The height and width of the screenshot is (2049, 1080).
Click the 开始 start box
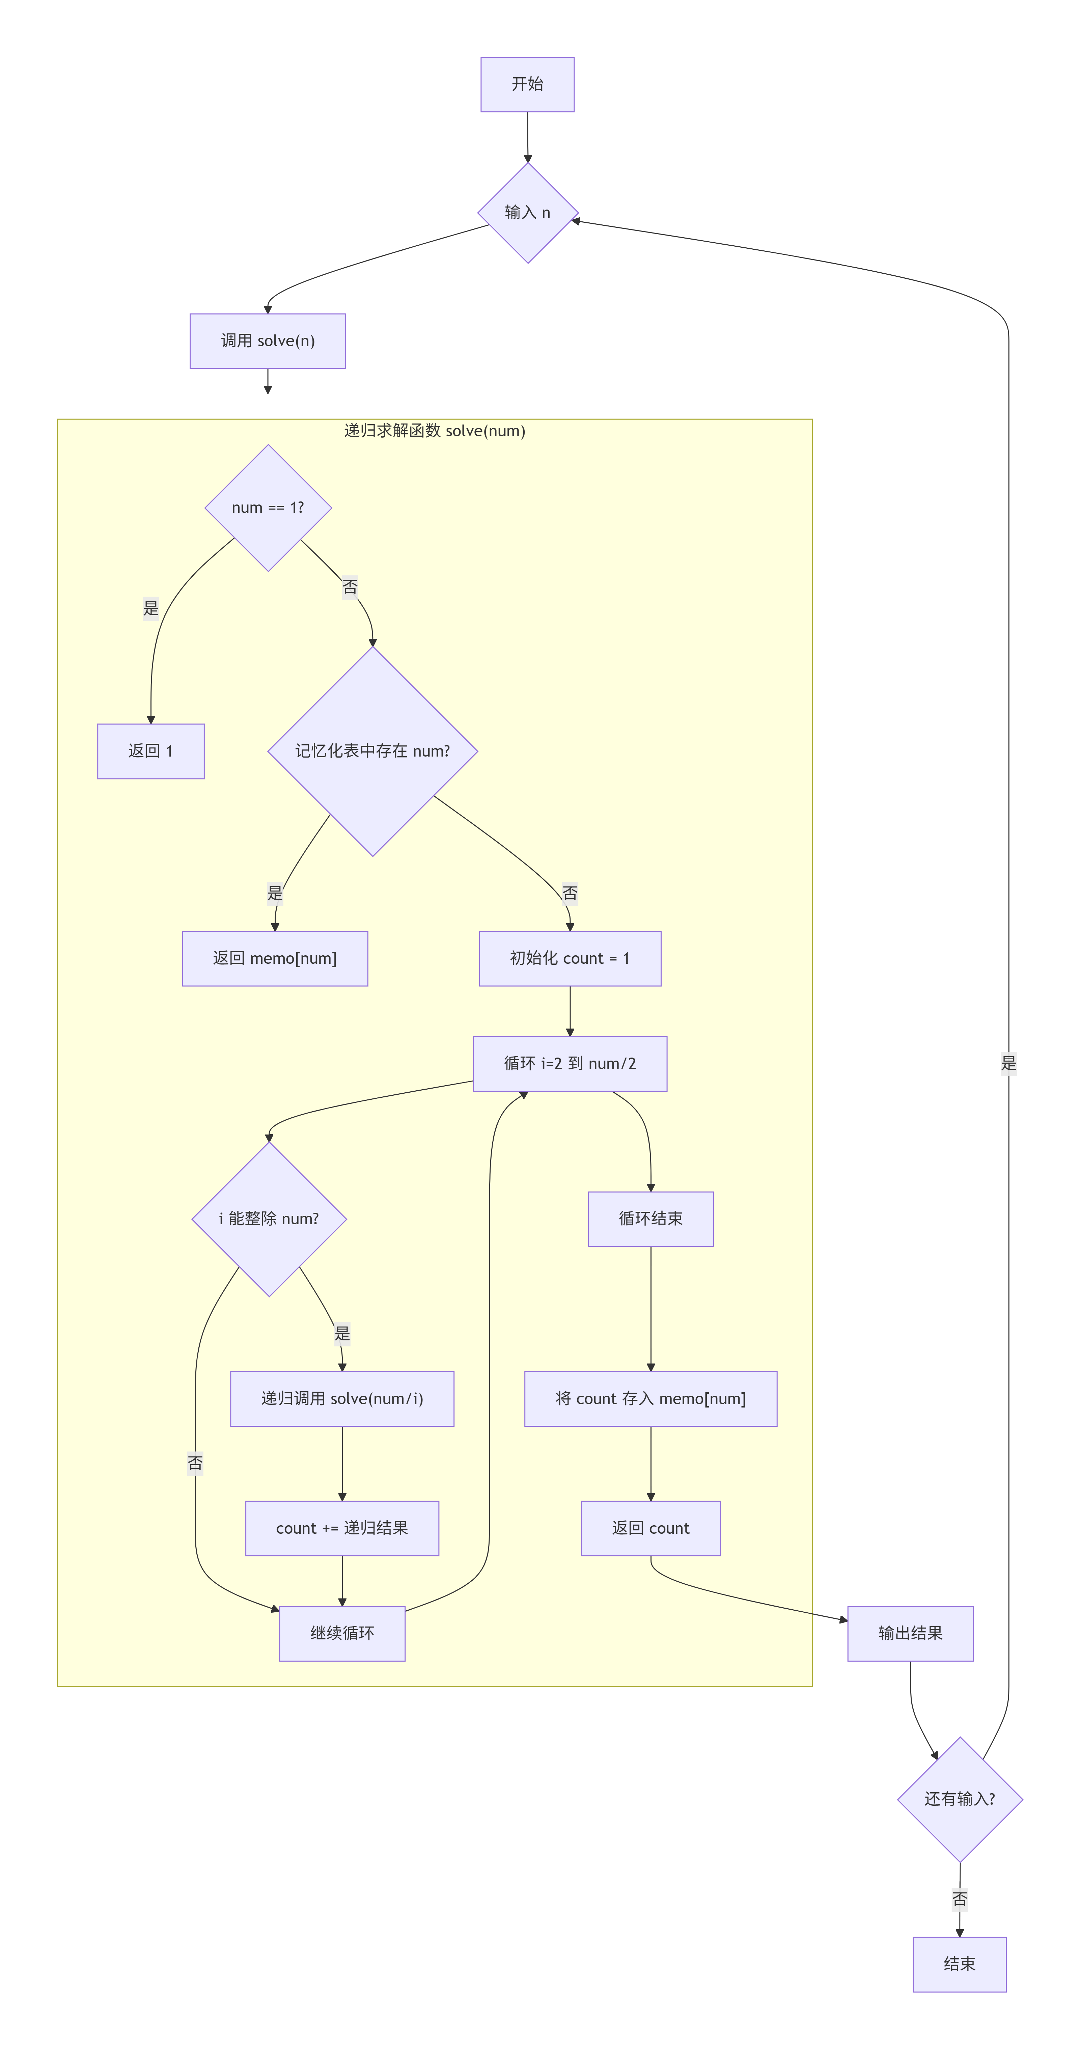(x=527, y=84)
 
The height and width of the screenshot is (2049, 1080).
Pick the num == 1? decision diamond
(x=268, y=508)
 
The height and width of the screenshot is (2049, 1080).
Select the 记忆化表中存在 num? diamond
(x=372, y=751)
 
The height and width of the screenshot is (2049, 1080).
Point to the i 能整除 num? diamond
(x=269, y=1219)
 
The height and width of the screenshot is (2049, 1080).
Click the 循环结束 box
(x=650, y=1219)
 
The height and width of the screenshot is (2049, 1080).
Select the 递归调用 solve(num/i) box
(x=342, y=1398)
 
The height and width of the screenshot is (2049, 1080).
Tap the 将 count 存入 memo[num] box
(x=650, y=1398)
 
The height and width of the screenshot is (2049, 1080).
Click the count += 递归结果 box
(x=342, y=1528)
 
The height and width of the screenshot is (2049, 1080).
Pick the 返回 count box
(x=650, y=1528)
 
